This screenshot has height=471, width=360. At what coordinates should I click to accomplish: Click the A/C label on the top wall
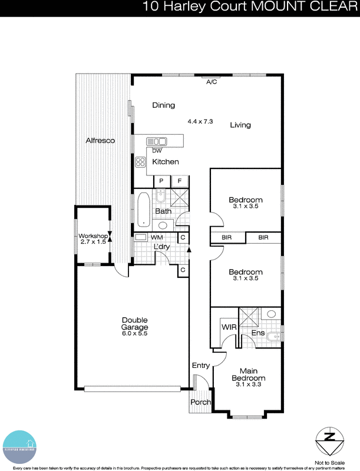(212, 82)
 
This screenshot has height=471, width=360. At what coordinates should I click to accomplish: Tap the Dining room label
(163, 105)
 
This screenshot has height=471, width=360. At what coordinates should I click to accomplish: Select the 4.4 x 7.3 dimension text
(200, 121)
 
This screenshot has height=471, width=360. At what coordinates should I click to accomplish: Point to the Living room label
(240, 125)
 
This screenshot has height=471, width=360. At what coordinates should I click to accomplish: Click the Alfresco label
(100, 141)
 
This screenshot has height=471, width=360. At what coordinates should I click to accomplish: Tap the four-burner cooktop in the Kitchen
(141, 162)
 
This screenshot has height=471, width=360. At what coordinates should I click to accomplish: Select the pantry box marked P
(161, 181)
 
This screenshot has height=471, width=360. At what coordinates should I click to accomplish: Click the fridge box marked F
(180, 181)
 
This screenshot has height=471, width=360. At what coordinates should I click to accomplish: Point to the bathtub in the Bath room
(143, 210)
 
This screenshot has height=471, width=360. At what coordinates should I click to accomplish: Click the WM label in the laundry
(157, 237)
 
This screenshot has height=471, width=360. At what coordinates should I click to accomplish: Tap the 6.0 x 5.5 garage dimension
(134, 334)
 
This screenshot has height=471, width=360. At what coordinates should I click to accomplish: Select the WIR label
(229, 326)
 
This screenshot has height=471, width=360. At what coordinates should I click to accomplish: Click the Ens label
(258, 333)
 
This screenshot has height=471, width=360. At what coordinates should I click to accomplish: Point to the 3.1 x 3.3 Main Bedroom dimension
(248, 384)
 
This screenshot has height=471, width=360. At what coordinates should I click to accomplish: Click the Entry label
(200, 366)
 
